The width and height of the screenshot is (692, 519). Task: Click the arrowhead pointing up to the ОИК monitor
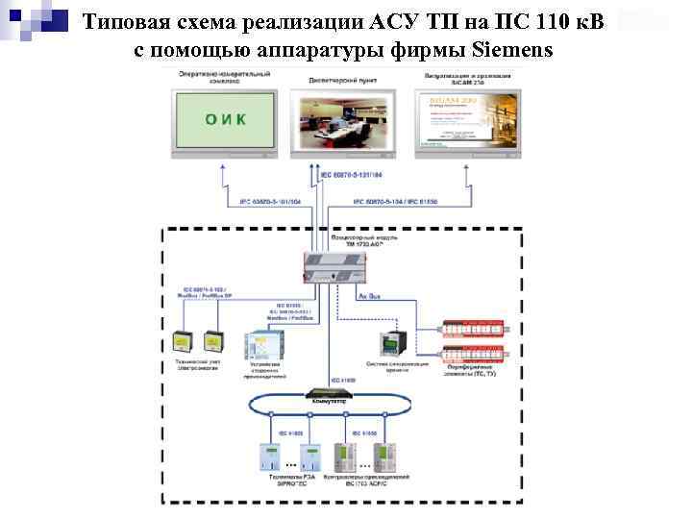(x=223, y=166)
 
